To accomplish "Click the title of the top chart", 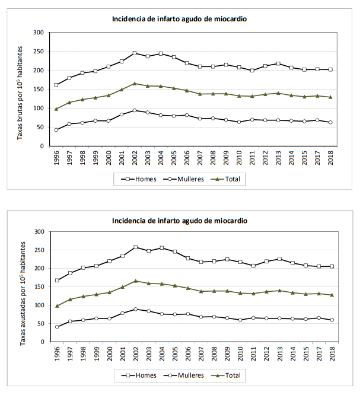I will point(179,18).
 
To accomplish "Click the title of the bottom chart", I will point(179,221).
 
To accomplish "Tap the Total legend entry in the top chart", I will point(231,178).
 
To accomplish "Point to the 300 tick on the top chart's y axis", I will point(39,33).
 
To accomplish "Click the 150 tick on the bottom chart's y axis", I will point(39,287).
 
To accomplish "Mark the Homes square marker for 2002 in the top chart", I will point(135,53).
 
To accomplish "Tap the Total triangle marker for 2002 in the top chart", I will point(135,84).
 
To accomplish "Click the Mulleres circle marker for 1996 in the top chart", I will point(56,130).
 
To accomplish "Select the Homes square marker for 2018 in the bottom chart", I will point(331,266).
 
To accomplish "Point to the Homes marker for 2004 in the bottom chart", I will point(161,248).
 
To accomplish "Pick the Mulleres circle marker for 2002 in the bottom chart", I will point(135,309).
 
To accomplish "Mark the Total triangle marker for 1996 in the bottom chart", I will point(56,306).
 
